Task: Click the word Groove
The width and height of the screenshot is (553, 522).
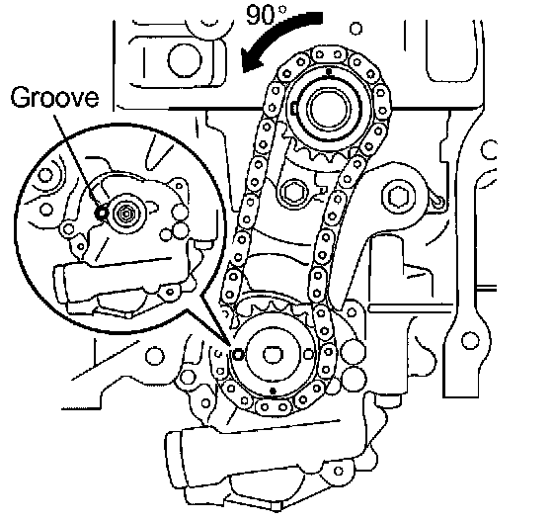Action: click(54, 98)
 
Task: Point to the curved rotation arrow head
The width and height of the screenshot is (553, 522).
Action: click(253, 60)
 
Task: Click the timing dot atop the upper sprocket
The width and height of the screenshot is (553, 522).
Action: click(329, 72)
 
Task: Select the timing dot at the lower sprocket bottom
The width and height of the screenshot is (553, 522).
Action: click(273, 391)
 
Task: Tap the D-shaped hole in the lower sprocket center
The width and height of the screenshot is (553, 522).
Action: click(273, 354)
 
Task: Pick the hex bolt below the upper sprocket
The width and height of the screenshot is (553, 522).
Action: click(294, 192)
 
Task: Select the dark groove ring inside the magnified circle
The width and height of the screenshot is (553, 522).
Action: click(102, 213)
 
